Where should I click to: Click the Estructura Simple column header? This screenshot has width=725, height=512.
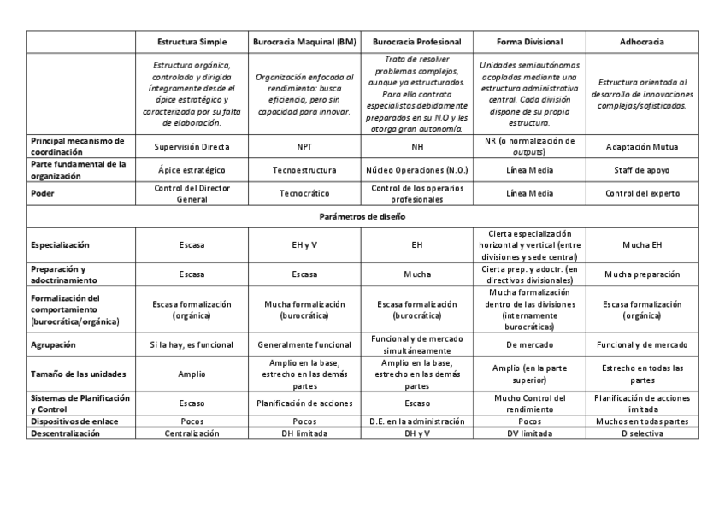coord(192,42)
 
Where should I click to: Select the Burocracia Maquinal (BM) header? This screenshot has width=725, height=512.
coord(304,42)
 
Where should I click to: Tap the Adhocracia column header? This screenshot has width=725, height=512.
coord(642,42)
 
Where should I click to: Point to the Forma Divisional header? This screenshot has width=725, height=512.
coord(529,42)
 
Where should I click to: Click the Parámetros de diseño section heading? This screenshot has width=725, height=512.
coord(362,216)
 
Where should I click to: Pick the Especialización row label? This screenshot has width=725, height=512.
coord(61,245)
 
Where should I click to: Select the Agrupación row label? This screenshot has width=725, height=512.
coord(54,345)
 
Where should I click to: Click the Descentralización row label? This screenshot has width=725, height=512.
coord(66,433)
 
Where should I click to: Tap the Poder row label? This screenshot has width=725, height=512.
coord(43,193)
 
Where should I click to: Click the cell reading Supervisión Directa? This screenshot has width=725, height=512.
coord(192,147)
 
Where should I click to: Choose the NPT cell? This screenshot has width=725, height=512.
coord(304,147)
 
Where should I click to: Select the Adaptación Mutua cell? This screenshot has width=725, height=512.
coord(642,147)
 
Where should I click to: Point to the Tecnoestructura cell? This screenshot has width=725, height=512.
coord(304,170)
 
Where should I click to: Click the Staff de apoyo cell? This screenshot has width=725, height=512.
coord(642,170)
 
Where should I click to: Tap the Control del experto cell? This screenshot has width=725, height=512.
coord(642,193)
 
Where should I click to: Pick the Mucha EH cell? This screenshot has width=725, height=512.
coord(642,245)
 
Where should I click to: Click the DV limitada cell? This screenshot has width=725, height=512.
coord(529,433)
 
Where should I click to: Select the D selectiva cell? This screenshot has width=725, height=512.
coord(642,433)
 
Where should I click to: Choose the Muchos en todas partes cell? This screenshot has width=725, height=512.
coord(642,421)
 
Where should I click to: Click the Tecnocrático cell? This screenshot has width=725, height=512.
coord(304,193)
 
